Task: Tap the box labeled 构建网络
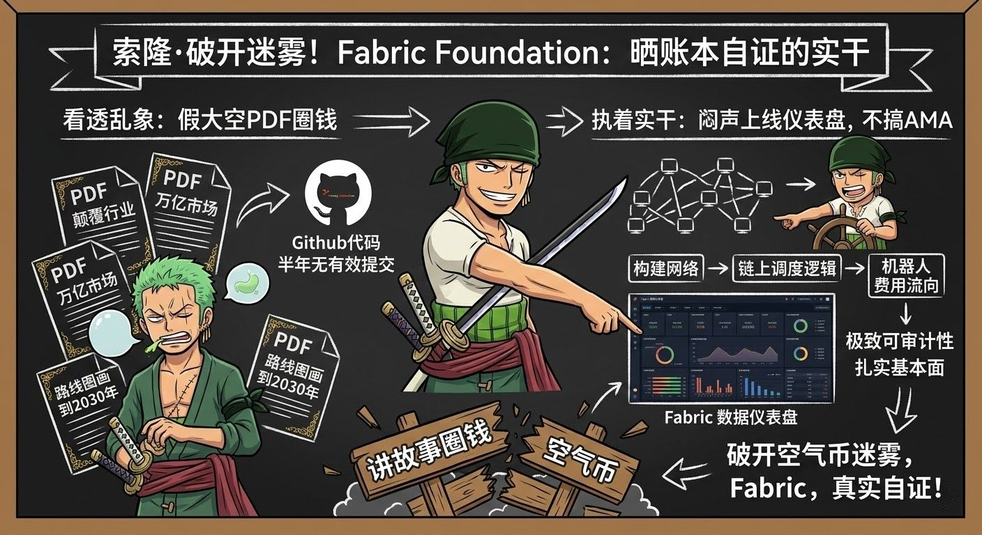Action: [667, 269]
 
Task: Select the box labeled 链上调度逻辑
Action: [786, 269]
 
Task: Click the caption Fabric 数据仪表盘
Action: [730, 418]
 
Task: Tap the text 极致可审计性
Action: [899, 341]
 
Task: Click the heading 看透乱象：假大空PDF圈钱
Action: [199, 121]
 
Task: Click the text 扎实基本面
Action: [899, 368]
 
